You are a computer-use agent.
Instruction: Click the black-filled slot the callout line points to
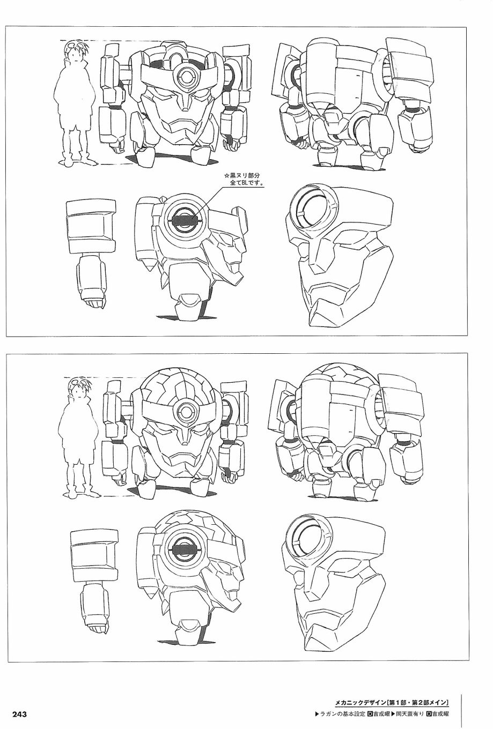(x=185, y=221)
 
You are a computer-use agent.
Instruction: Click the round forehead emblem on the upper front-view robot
(x=185, y=77)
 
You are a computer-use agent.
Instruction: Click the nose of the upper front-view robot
(x=185, y=101)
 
